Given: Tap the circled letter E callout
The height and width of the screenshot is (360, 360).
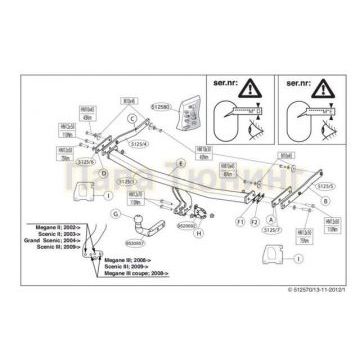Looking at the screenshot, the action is point(181,162).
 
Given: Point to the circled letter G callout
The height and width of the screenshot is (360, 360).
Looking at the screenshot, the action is point(116,213).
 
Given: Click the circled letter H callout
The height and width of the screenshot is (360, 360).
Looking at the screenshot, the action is point(198,233).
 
